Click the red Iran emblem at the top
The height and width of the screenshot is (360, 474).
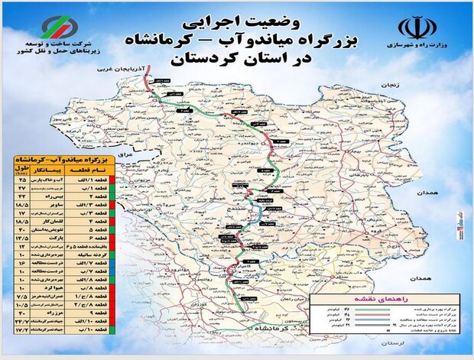[417, 28]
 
